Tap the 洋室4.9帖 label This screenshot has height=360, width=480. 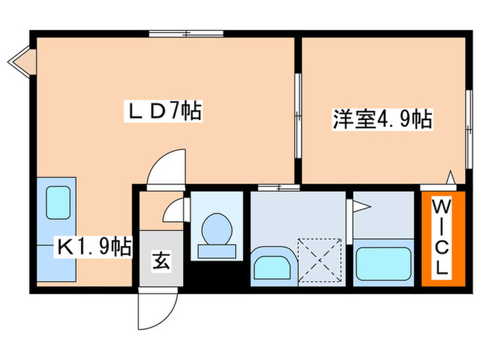(x=372, y=120)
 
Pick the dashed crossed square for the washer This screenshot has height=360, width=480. (x=321, y=259)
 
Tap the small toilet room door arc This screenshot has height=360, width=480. (x=173, y=209)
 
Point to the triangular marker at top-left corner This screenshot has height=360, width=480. (x=19, y=60)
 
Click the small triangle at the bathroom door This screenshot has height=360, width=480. (x=358, y=204)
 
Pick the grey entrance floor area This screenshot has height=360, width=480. (x=162, y=261)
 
